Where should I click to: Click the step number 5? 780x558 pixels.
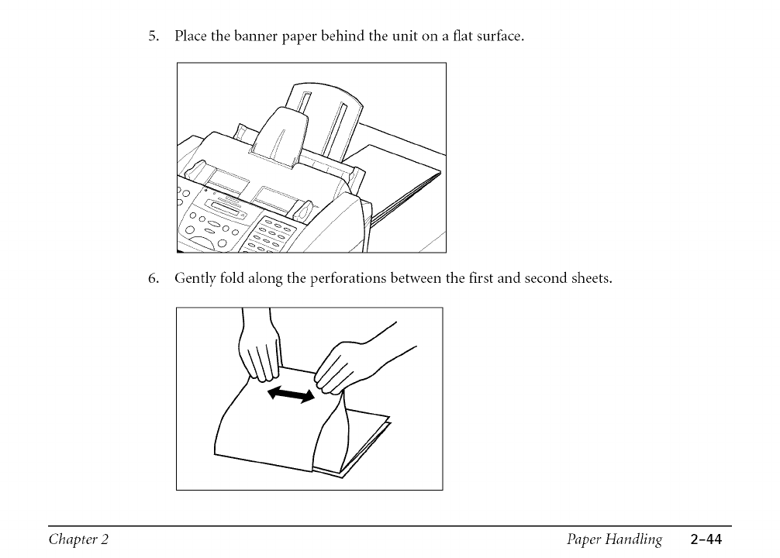coord(154,36)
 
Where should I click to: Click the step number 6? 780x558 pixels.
coord(154,278)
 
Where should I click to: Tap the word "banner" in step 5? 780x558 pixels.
coord(253,36)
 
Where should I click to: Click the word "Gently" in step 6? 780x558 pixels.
coord(195,279)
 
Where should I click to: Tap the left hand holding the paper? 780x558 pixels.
coord(260,349)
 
